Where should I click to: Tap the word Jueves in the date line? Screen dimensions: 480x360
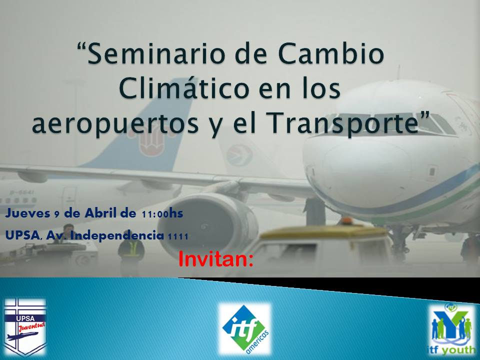pos(28,213)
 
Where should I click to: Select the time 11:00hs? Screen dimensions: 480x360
pos(162,213)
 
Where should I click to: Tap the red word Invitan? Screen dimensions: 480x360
pos(216,259)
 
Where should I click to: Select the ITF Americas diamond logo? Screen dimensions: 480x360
pos(245,328)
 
